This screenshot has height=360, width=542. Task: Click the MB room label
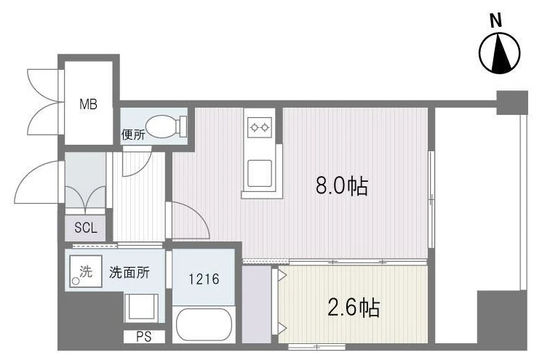pos(88,104)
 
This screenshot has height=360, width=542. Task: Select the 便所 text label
pos(133,135)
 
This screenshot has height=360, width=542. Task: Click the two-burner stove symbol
pos(260,127)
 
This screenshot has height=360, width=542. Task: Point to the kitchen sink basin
pos(260,173)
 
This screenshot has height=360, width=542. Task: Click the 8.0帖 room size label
pos(341,186)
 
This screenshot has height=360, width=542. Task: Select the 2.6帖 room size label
pos(354,308)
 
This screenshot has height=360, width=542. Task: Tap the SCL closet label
pos(86,228)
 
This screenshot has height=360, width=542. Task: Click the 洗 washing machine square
pos(85,271)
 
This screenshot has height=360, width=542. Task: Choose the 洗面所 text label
pos(129,273)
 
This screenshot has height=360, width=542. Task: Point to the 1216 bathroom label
pos(204,279)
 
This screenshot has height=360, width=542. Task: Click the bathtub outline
pos(204,325)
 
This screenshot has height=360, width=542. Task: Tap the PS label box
pos(144,337)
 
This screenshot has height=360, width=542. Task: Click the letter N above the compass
pos(496,21)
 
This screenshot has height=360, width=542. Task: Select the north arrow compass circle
pos(500,53)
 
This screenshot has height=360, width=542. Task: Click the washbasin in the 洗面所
pos(141,308)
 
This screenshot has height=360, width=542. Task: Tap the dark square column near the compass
pos(512,103)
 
